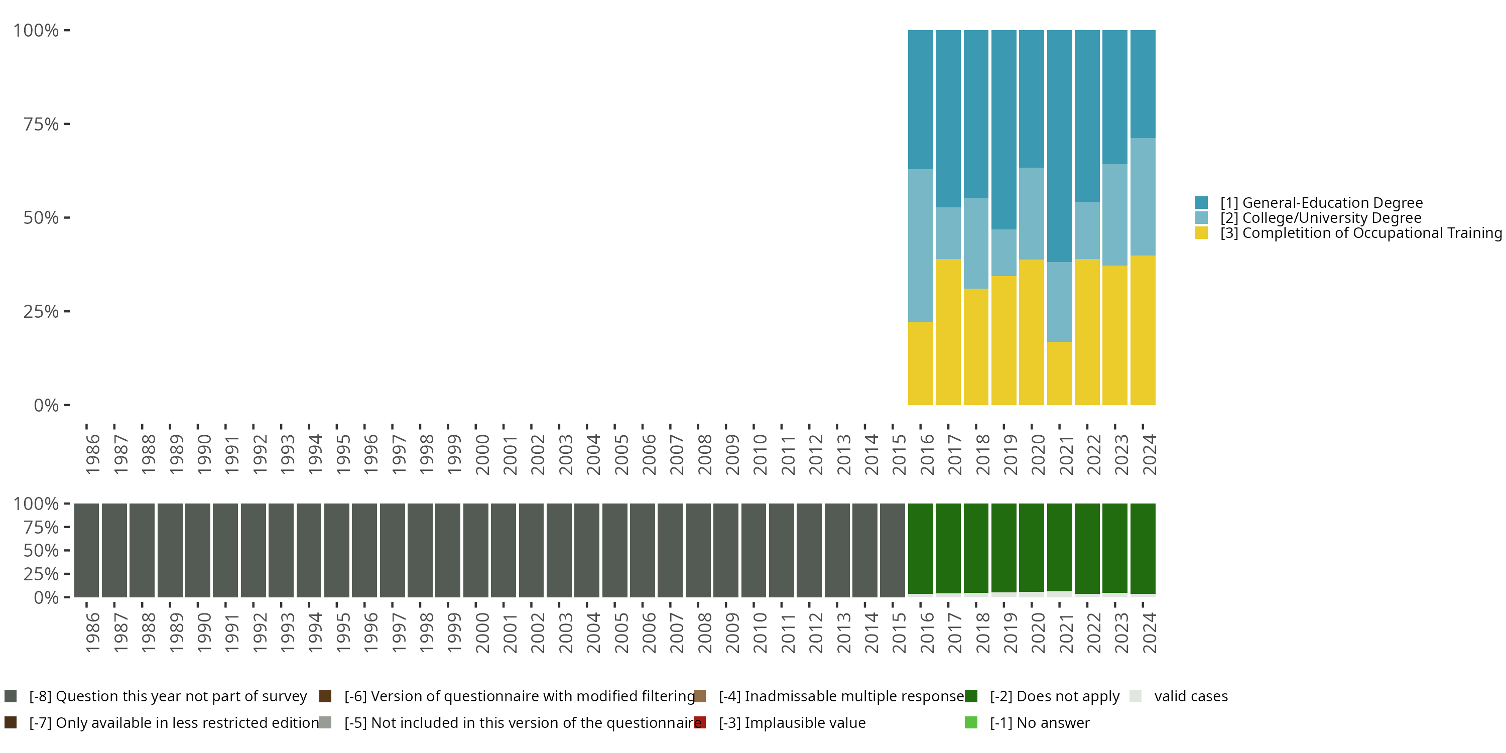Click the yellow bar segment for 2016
[920, 363]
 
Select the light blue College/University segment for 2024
[1143, 196]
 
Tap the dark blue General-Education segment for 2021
[1059, 146]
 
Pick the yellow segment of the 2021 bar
[1059, 373]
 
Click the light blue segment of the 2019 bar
[1004, 252]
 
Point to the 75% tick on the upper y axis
[67, 124]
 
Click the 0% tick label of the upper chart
[46, 405]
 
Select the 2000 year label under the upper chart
[482, 454]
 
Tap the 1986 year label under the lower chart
[92, 633]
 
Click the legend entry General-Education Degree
[1321, 203]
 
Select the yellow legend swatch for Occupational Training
[1201, 233]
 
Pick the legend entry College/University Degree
[1320, 218]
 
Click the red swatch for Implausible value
[700, 722]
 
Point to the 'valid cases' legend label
[1190, 696]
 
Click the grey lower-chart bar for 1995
[337, 550]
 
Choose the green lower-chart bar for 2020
[1031, 547]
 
